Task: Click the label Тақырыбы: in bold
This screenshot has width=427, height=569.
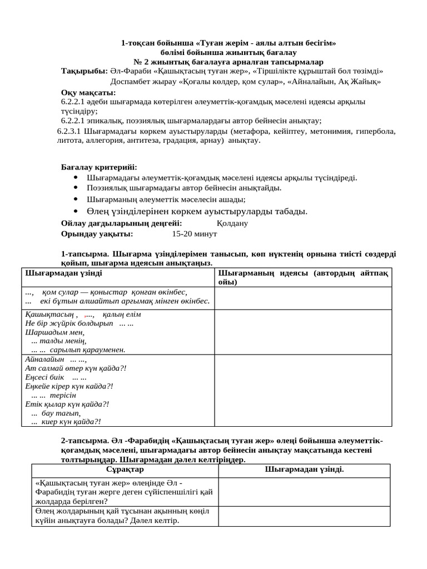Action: [x=84, y=71]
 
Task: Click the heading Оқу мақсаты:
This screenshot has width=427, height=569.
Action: [x=88, y=92]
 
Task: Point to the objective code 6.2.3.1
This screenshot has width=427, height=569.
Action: [x=70, y=132]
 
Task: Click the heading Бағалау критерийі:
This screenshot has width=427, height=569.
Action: [x=98, y=167]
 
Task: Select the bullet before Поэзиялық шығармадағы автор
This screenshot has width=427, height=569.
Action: [x=76, y=188]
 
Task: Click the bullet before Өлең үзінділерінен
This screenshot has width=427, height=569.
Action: [x=76, y=211]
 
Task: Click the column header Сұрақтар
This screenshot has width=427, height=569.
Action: [x=125, y=470]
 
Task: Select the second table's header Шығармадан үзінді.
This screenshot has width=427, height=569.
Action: [x=305, y=470]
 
